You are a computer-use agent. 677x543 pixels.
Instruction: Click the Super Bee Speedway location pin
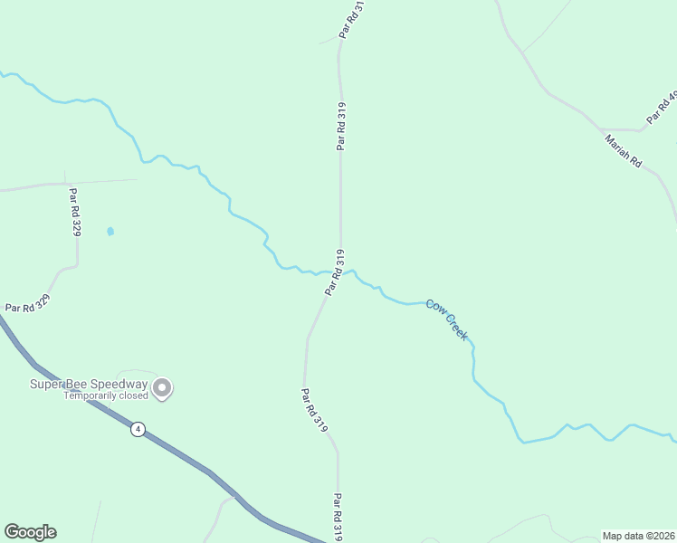[x=162, y=388]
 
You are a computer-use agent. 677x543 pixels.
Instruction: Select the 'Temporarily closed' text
[x=104, y=395]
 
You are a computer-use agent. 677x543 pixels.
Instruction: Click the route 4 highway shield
[x=137, y=429]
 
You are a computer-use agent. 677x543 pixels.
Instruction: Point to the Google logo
[x=30, y=532]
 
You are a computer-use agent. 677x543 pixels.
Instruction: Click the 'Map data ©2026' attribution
[x=639, y=535]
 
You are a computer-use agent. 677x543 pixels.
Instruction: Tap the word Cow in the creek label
[x=436, y=308]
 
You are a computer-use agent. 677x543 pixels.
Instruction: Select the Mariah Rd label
[x=623, y=151]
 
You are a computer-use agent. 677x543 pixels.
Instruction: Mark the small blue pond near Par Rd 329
[x=110, y=232]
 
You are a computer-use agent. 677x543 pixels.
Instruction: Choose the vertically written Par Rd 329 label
[x=75, y=212]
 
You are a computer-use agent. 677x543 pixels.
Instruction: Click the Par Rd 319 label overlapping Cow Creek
[x=333, y=271]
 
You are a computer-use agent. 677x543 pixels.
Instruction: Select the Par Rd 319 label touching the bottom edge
[x=338, y=518]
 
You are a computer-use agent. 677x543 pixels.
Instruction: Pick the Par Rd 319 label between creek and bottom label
[x=314, y=410]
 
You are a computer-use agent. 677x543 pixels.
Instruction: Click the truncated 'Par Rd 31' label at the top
[x=352, y=18]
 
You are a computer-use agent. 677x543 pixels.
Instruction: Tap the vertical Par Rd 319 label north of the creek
[x=341, y=126]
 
